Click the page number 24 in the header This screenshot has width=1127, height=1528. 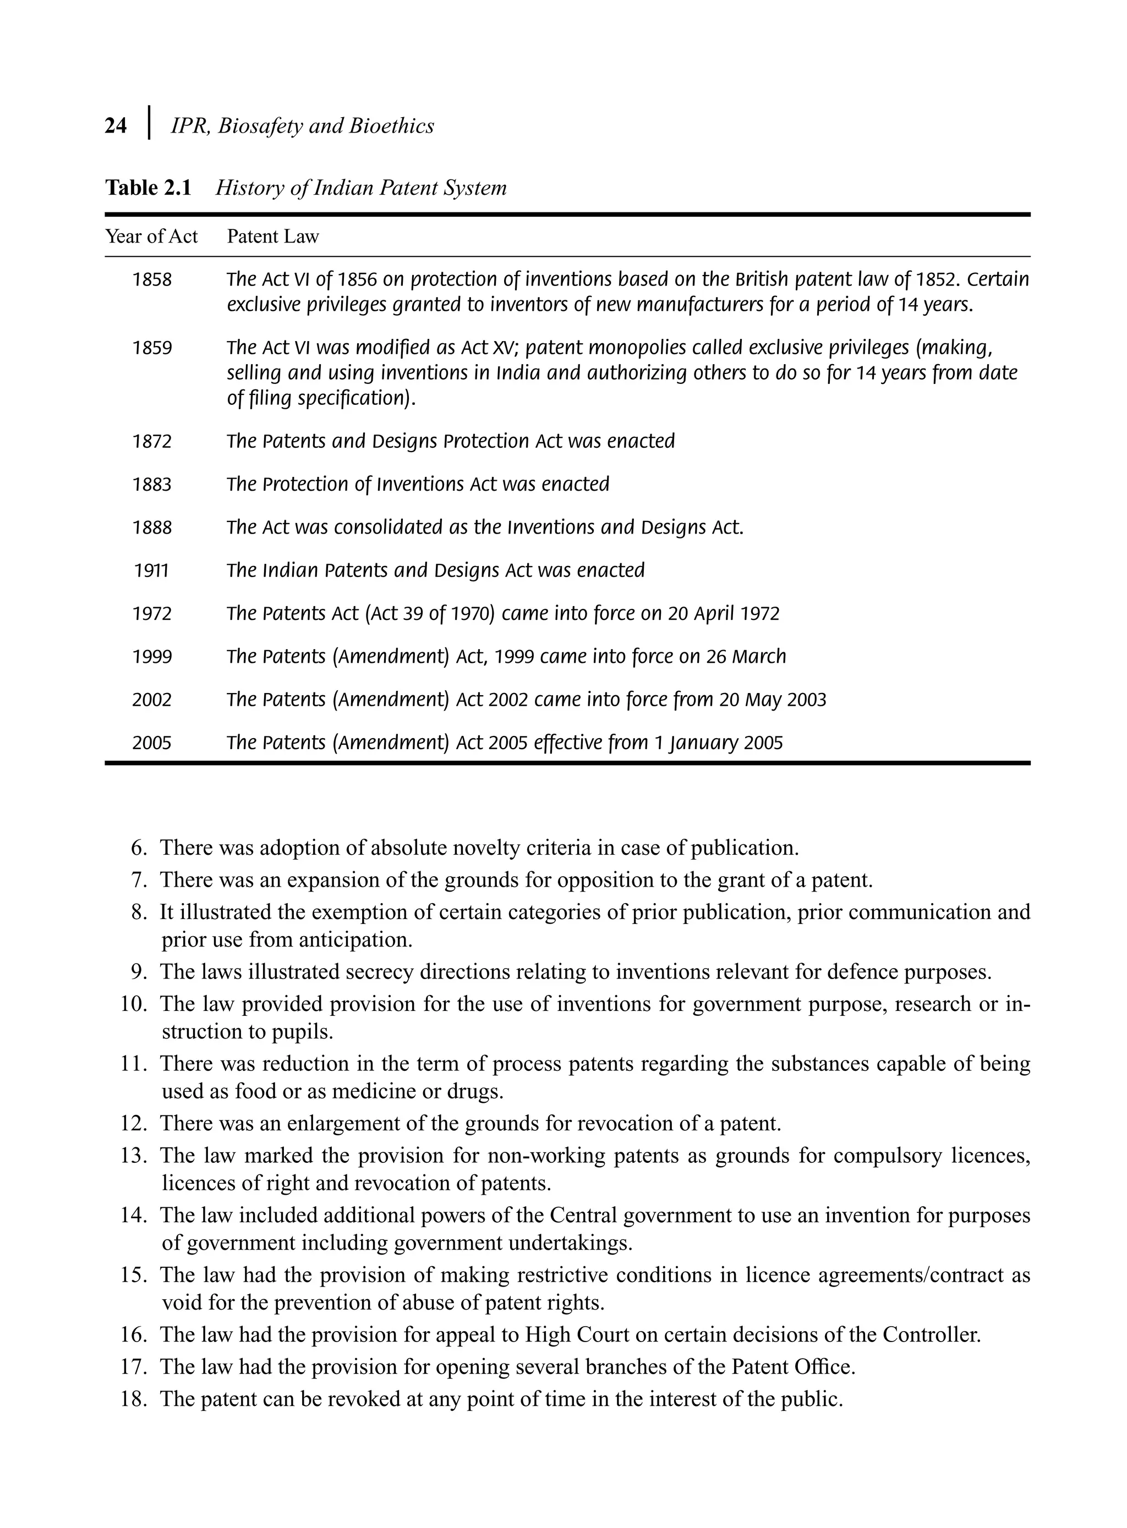click(x=116, y=126)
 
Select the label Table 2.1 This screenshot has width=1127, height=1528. click(x=148, y=188)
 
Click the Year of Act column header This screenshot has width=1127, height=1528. click(x=151, y=237)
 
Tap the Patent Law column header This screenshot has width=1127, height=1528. click(x=273, y=237)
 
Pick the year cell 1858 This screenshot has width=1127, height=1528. click(x=151, y=280)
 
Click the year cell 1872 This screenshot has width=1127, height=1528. click(x=151, y=442)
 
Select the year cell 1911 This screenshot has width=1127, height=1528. click(x=151, y=571)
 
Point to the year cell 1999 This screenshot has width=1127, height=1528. click(x=151, y=657)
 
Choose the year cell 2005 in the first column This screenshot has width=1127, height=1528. click(x=151, y=743)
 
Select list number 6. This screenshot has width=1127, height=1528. click(x=139, y=848)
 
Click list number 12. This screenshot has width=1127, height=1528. click(x=134, y=1123)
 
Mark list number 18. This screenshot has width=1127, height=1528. click(x=134, y=1399)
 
